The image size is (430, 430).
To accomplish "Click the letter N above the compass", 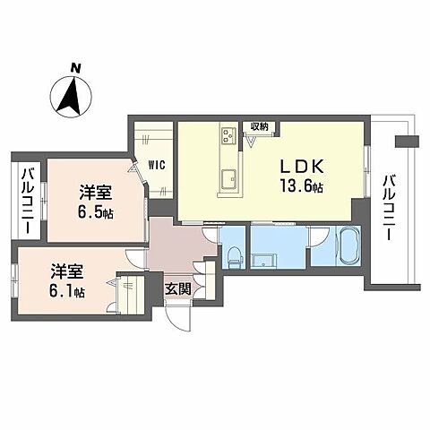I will tap(76, 67).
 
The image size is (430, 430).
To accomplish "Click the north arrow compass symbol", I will tap(70, 96).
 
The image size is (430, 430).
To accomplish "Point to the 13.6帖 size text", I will tap(300, 186).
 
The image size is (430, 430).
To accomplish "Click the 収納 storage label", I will tap(260, 126).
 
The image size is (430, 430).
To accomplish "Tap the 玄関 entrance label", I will tap(176, 288).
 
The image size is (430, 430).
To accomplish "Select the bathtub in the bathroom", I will tap(347, 245).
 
